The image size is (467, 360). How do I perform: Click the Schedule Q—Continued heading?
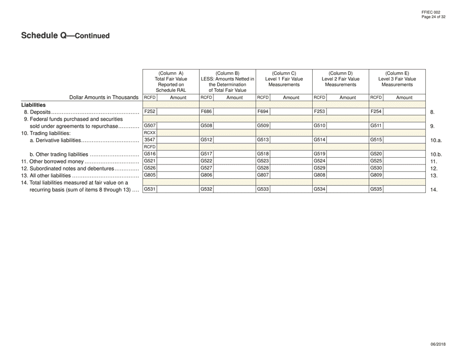(65, 36)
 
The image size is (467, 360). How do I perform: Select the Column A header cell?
(171, 82)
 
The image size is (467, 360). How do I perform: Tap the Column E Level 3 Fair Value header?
(397, 79)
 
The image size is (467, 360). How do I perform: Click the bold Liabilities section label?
(33, 105)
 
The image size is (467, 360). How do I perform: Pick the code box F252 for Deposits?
(149, 111)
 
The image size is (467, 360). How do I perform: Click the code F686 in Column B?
(206, 111)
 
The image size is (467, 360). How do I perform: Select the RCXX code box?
(149, 133)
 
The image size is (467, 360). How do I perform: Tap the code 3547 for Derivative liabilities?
(149, 140)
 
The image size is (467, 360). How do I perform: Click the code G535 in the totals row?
(376, 189)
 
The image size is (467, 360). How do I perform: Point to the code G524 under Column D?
(319, 161)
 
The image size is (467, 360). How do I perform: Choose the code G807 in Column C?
(263, 175)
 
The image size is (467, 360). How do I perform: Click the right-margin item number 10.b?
(436, 155)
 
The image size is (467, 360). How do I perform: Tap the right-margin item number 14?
(433, 190)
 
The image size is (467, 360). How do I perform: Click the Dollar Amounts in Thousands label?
(104, 97)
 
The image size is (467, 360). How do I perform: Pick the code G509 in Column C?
(263, 126)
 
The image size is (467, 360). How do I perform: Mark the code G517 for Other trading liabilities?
(206, 154)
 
